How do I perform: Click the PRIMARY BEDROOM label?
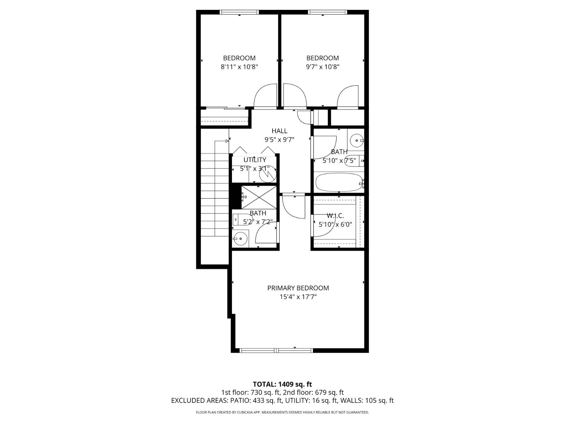pyautogui.click(x=298, y=288)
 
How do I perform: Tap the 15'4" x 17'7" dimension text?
pyautogui.click(x=298, y=297)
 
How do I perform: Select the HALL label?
pyautogui.click(x=279, y=131)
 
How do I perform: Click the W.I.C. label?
pyautogui.click(x=335, y=216)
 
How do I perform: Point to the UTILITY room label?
pyautogui.click(x=255, y=160)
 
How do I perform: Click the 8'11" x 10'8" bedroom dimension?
pyautogui.click(x=239, y=67)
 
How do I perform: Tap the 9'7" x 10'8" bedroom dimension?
pyautogui.click(x=323, y=67)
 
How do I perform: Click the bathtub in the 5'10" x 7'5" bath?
pyautogui.click(x=338, y=182)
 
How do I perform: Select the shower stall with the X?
pyautogui.click(x=259, y=197)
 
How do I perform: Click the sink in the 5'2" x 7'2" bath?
pyautogui.click(x=240, y=239)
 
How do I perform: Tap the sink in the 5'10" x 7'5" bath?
pyautogui.click(x=356, y=141)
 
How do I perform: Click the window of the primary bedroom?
pyautogui.click(x=276, y=351)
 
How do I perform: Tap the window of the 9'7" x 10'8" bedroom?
pyautogui.click(x=327, y=12)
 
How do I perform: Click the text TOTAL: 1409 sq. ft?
pyautogui.click(x=282, y=384)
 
